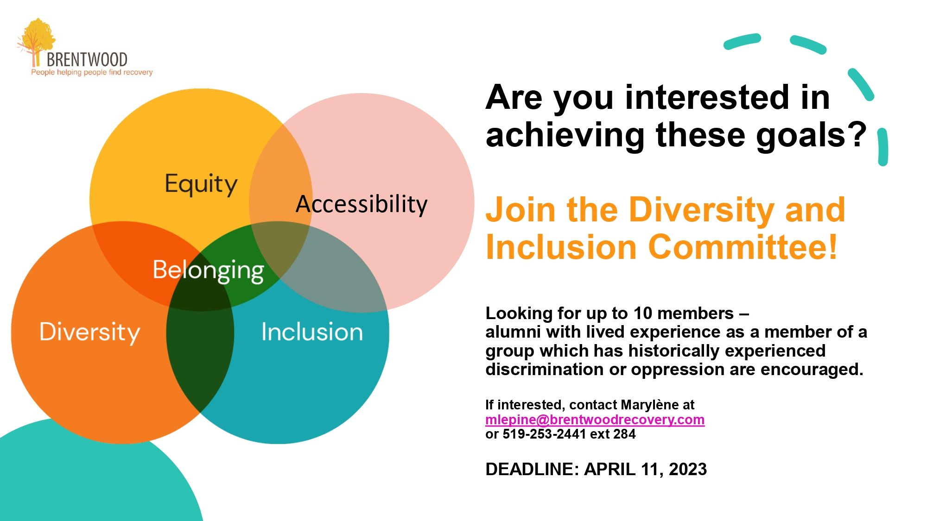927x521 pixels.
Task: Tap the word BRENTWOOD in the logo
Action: tap(87, 60)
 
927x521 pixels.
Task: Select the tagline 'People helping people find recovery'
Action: tap(92, 72)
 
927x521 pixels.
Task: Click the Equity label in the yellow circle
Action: tap(201, 184)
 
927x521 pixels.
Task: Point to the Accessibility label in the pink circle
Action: tap(362, 204)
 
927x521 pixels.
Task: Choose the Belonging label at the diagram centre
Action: tap(209, 271)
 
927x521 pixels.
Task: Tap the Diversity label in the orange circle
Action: tap(89, 333)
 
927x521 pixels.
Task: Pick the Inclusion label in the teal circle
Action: tap(312, 332)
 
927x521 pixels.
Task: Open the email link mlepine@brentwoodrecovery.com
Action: tap(595, 420)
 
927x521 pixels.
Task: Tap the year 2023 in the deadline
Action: tap(688, 469)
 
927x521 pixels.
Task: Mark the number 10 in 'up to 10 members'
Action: tap(643, 314)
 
